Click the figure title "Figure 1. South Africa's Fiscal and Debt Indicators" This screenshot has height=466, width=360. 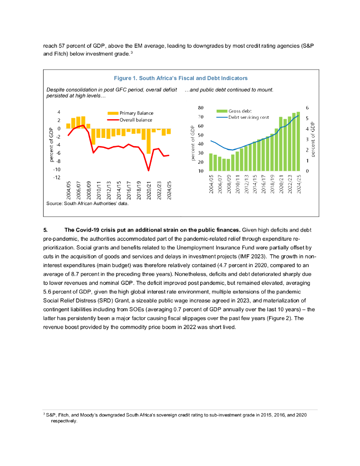tap(181, 78)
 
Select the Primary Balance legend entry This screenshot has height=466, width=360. tap(130, 113)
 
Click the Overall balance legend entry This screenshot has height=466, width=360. tap(130, 120)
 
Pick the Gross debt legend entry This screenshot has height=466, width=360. tap(234, 111)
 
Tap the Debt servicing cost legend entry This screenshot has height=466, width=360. tap(243, 117)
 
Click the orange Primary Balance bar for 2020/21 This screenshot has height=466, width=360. tap(149, 141)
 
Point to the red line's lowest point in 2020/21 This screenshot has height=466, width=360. tap(149, 171)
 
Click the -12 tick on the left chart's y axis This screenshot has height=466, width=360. tap(57, 177)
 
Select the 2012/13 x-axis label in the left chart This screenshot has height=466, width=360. tap(109, 191)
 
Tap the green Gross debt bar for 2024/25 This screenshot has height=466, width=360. tap(298, 142)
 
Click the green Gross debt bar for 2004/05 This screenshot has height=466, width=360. tap(211, 162)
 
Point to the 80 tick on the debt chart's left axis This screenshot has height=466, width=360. tap(201, 108)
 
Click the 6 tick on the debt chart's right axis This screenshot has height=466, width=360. tap(307, 108)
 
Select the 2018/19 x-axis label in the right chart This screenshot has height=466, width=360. tap(273, 184)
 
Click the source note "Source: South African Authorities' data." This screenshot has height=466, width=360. tap(87, 203)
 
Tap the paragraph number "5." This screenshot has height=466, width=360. tap(46, 230)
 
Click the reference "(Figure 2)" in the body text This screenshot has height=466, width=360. tap(279, 318)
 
